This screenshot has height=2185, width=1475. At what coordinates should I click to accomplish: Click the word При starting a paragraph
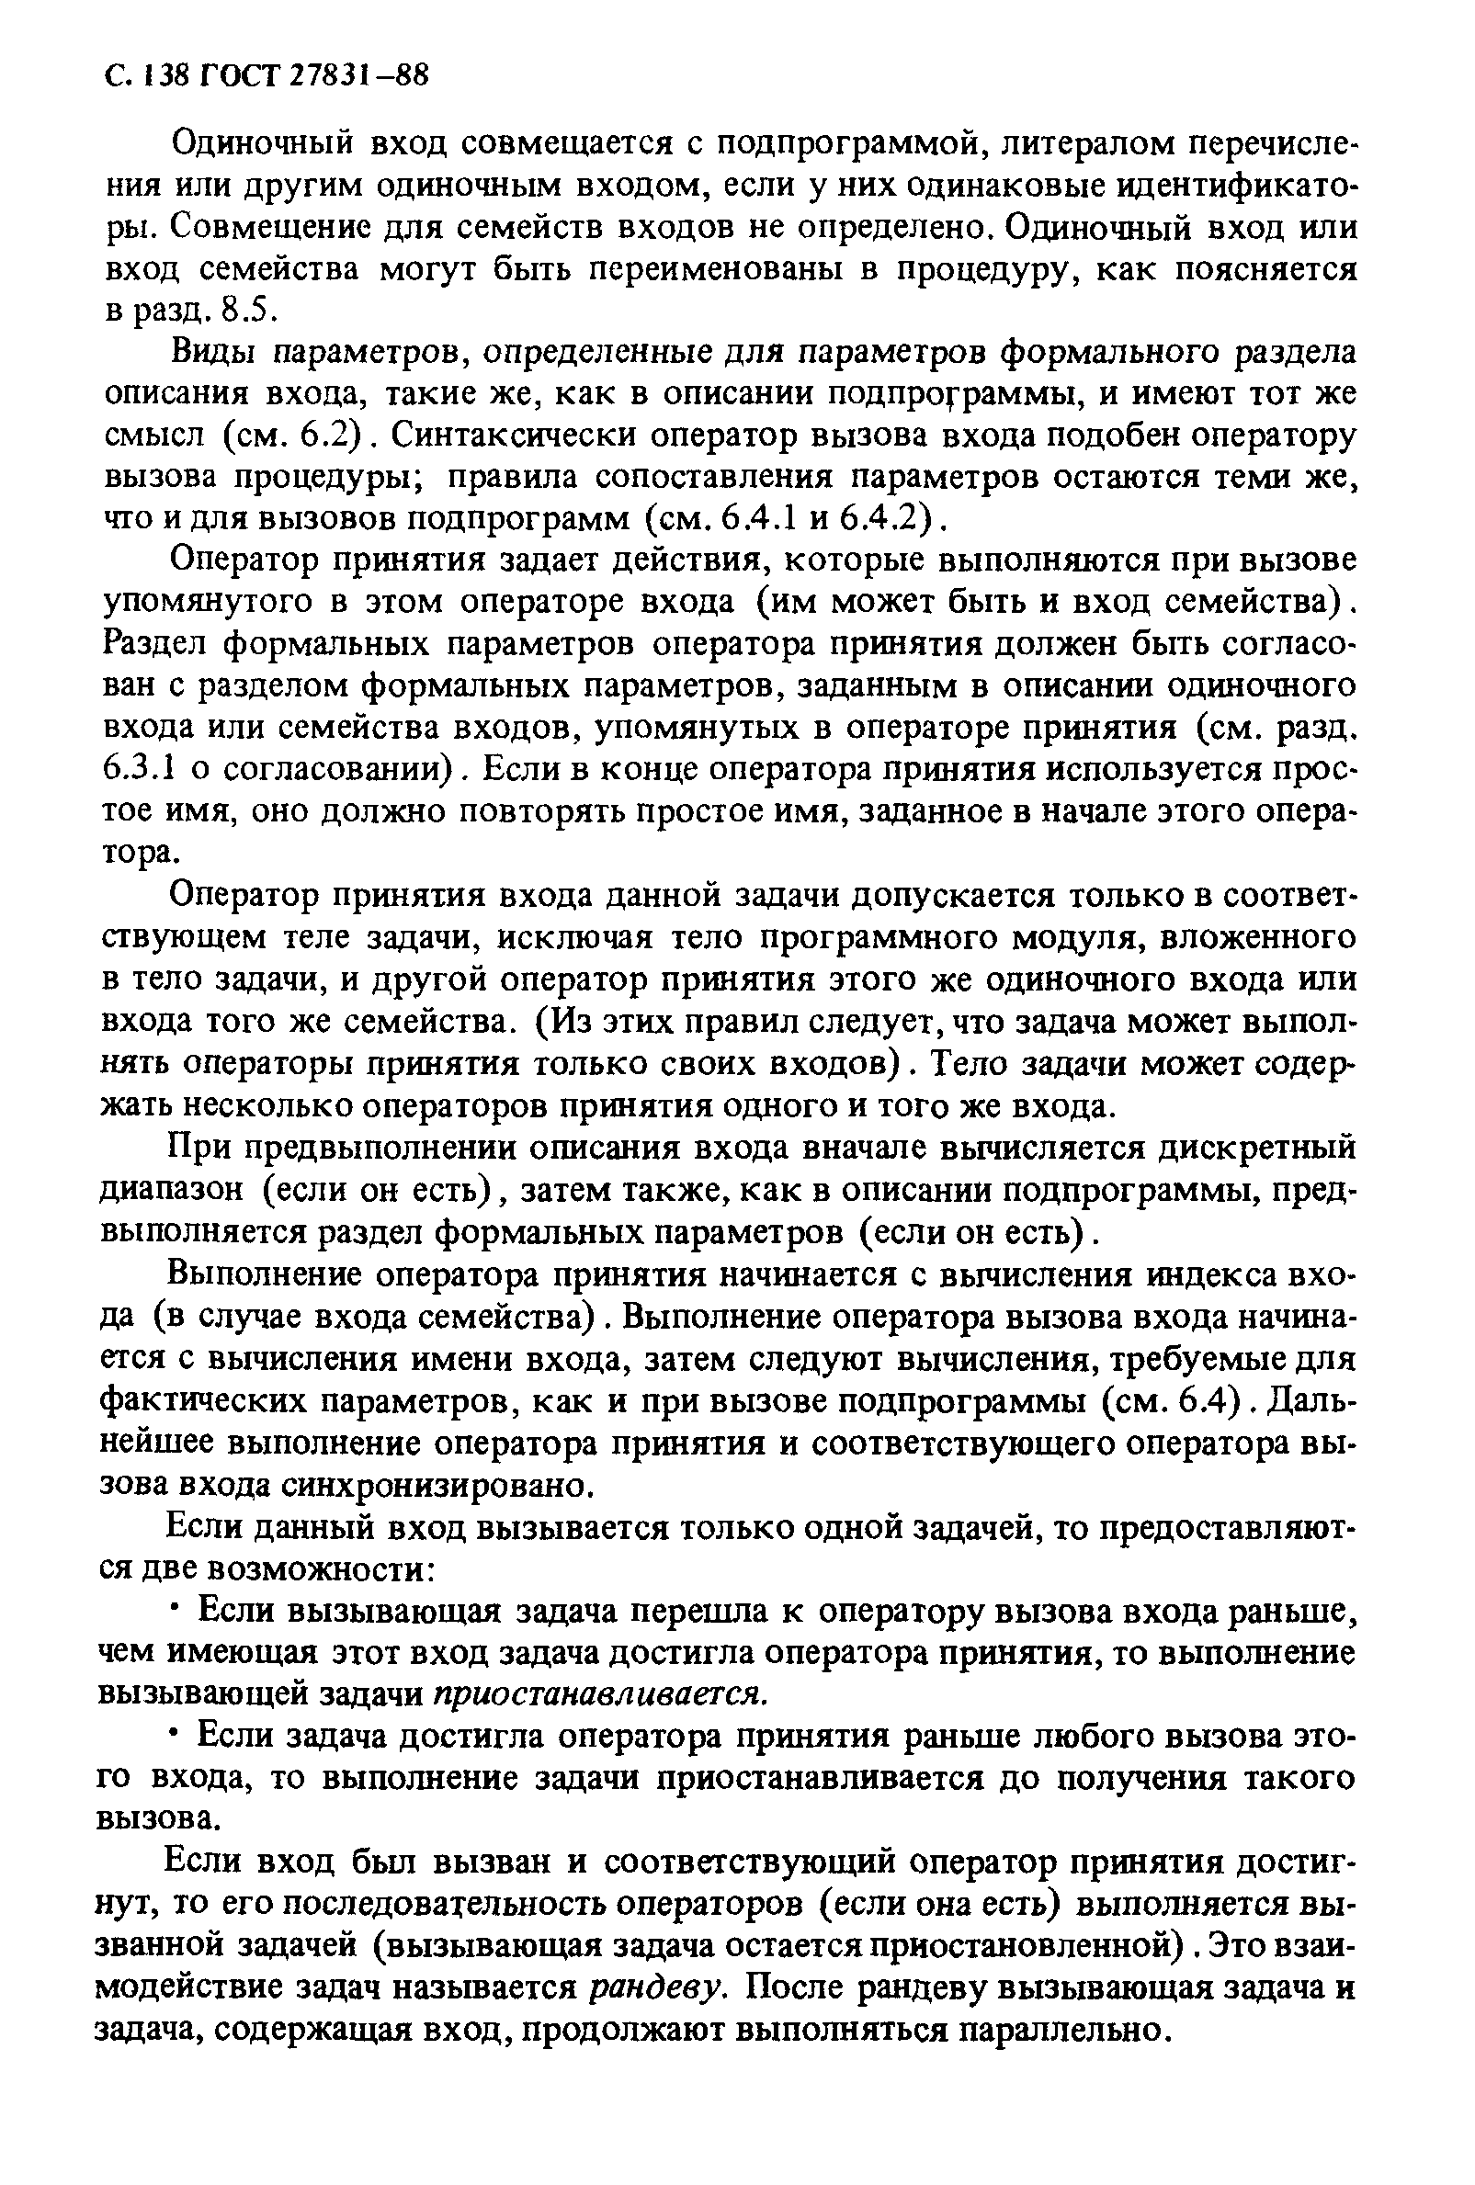click(195, 1147)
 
